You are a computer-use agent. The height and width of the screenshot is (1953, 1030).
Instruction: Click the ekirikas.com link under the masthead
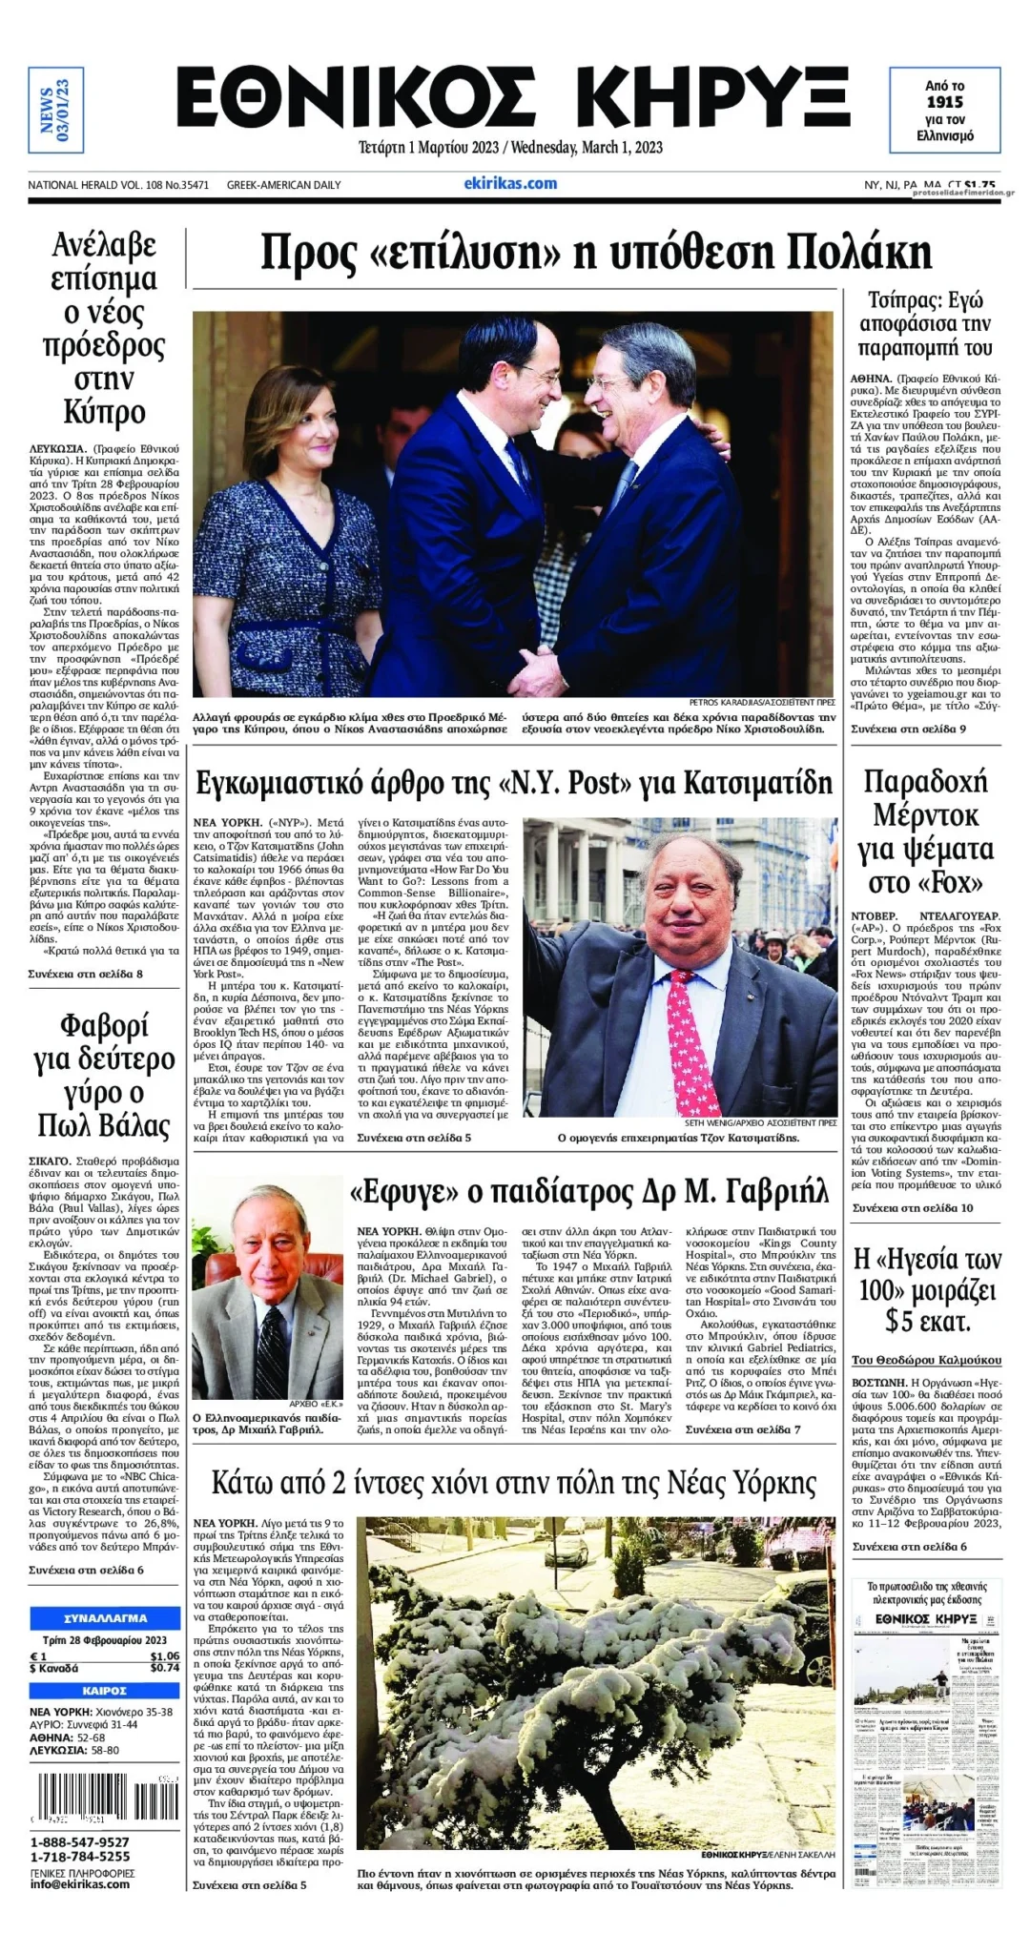point(510,183)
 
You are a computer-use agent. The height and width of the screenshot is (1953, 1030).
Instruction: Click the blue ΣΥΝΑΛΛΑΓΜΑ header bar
point(105,1618)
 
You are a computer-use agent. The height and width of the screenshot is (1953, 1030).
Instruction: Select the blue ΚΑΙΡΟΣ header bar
point(105,1691)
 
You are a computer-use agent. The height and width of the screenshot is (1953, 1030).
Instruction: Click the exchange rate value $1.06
point(164,1656)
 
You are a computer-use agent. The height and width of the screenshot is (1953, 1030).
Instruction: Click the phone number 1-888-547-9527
point(80,1842)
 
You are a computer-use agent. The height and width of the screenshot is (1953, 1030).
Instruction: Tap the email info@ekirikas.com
point(79,1884)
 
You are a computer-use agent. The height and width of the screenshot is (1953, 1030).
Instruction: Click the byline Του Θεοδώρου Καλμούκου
point(927,1360)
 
